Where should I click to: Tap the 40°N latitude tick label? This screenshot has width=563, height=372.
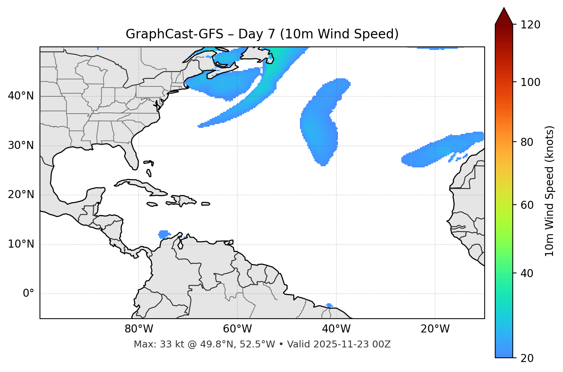tap(21, 96)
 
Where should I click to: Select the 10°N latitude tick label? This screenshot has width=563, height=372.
tap(21, 244)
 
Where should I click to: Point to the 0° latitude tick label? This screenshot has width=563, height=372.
tap(28, 294)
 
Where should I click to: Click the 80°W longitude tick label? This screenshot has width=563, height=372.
tap(139, 329)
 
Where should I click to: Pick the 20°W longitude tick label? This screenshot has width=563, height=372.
tap(435, 329)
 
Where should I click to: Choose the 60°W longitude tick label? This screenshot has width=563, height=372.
tap(237, 329)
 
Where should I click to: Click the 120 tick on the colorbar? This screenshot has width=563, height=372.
tap(530, 25)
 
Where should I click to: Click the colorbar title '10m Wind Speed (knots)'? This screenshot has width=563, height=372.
tap(550, 191)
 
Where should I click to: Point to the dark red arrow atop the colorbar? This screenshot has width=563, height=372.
tap(504, 17)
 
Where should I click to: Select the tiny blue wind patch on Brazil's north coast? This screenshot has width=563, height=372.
tap(329, 306)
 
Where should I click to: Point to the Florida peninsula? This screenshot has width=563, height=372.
tap(131, 157)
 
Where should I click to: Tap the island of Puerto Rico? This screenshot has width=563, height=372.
tap(206, 204)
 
